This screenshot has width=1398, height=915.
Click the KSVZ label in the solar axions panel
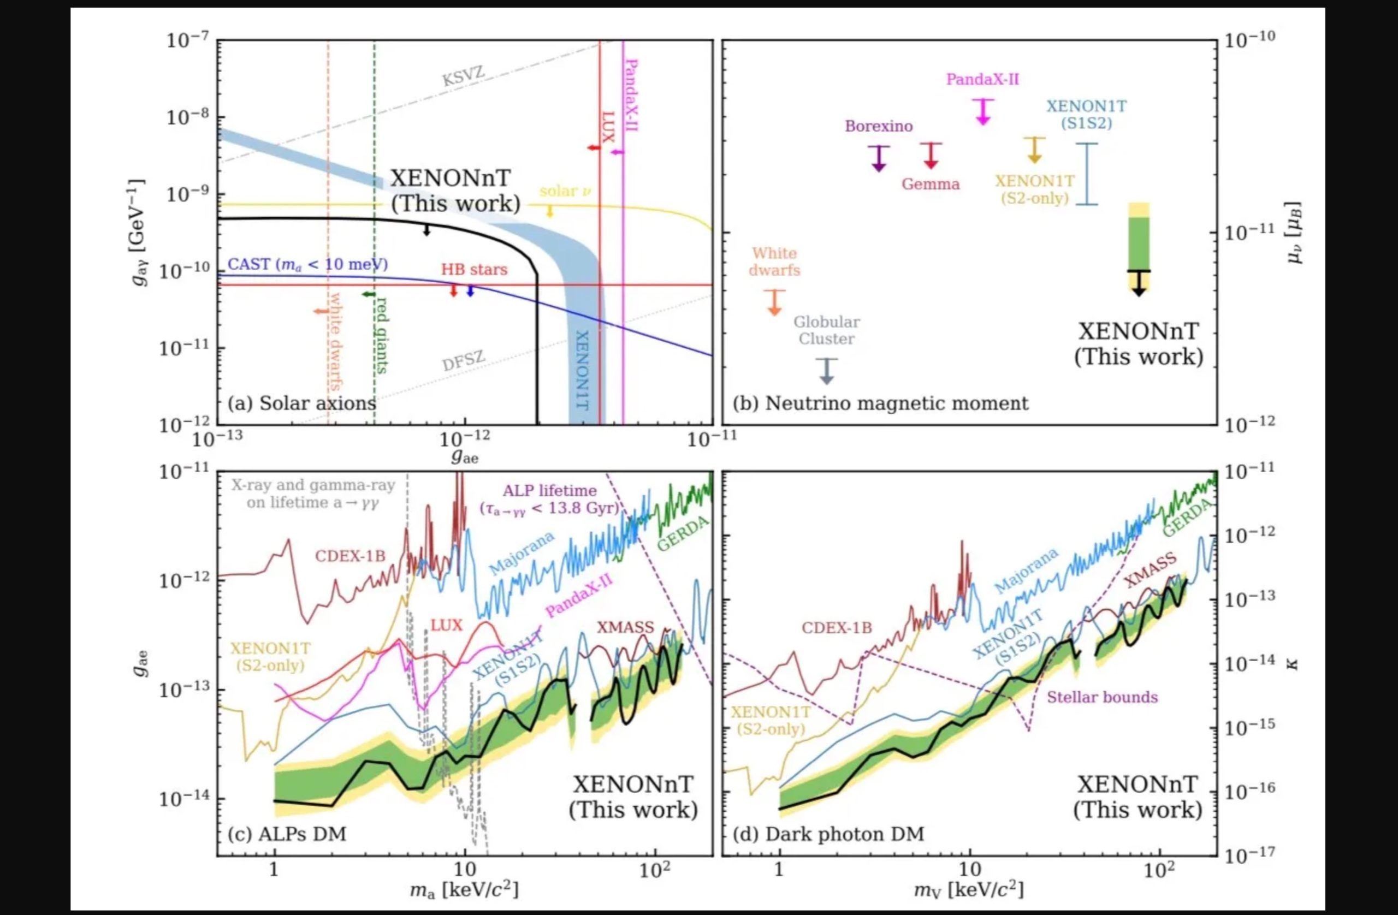coord(464,76)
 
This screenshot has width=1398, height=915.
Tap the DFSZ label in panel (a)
coord(464,361)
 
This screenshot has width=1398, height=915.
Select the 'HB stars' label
coord(474,270)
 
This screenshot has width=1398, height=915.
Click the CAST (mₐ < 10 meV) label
coord(307,264)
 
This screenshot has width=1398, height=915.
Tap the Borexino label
coord(879,126)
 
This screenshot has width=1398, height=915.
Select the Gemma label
coord(931,185)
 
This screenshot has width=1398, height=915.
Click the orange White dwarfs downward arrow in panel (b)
coord(774,302)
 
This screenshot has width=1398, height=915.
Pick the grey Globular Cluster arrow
coord(826,371)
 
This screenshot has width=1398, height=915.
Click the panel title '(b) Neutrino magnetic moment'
coord(880,403)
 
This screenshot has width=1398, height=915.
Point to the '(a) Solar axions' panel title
coord(301,403)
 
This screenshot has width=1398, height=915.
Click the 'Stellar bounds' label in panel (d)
coord(1102,697)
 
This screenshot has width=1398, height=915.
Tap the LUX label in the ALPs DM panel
coord(446,625)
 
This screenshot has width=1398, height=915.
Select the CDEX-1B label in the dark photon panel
coord(837,628)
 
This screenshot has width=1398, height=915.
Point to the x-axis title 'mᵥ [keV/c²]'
coord(969,890)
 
